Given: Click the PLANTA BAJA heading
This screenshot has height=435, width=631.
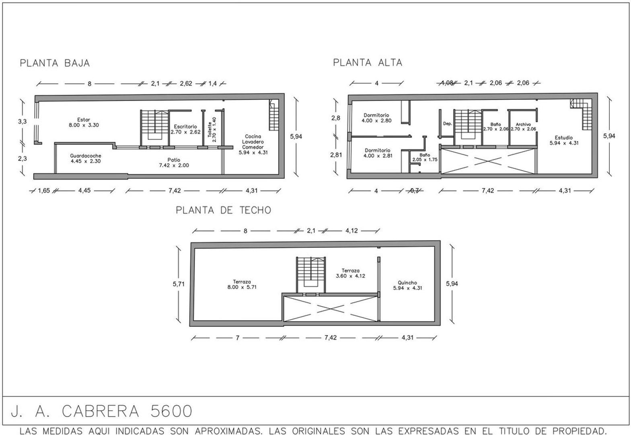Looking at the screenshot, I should point(55,63).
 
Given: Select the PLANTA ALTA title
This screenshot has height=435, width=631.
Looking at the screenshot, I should point(367,62).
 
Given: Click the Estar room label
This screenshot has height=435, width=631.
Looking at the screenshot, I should point(84,122).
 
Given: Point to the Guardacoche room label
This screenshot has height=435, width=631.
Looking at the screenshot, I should point(85,158).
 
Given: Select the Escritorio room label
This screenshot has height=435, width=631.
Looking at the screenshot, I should point(185,129).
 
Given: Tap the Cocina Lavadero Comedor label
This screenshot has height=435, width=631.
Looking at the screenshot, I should point(253,144).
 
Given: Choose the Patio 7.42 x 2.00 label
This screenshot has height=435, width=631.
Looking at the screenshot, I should point(174,162).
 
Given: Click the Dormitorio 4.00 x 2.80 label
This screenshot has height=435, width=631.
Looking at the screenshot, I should point(376,118).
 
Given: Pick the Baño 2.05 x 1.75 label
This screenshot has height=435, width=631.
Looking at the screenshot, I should point(425,157).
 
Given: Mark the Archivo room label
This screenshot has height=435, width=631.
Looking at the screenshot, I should point(523,126).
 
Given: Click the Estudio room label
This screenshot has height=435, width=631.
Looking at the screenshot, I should point(564,140).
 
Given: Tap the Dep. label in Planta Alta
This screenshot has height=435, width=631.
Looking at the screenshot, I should point(447,124).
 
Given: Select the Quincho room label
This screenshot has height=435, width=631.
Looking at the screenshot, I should point(407,285).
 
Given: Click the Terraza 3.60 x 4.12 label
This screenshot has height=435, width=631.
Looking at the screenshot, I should point(350,273).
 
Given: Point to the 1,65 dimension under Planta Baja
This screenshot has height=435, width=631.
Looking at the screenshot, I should point(44,191).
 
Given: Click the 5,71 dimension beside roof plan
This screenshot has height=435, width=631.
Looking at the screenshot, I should point(179,284).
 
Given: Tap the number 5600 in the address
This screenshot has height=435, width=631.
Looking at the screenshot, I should point(171,411).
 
